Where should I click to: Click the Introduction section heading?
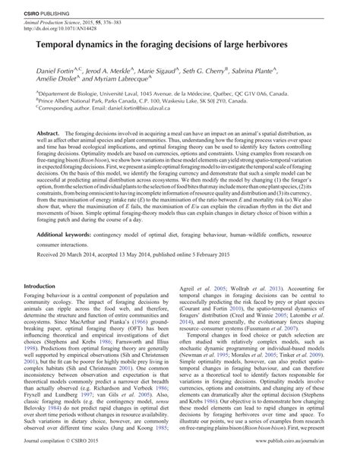coord(39,286)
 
